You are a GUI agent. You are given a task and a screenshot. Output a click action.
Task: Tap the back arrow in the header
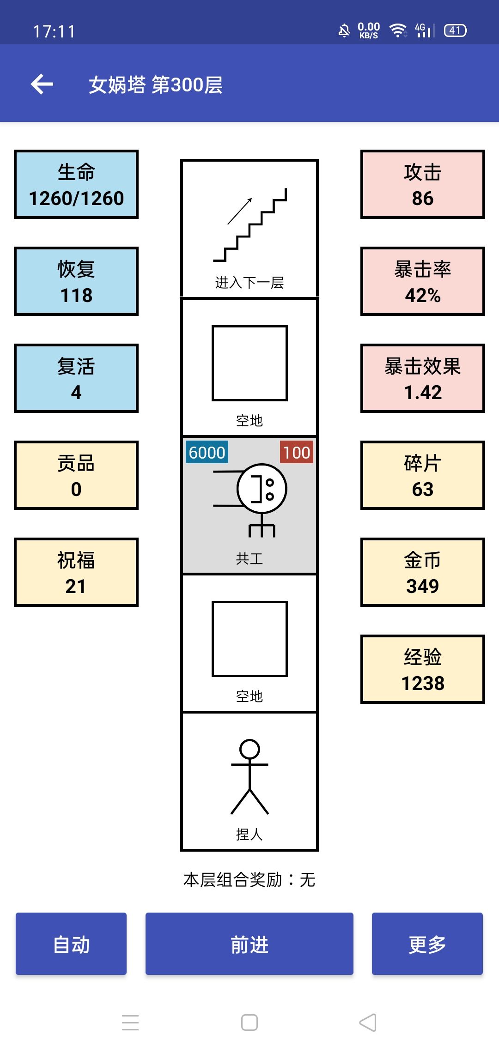42,84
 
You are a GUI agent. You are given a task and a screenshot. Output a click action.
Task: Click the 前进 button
249,944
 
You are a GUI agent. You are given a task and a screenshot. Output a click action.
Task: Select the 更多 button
427,944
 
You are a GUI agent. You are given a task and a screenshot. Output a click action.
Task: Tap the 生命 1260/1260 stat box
76,184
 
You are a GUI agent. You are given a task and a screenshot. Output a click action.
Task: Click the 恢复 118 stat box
76,281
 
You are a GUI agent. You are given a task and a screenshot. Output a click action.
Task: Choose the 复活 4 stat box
76,378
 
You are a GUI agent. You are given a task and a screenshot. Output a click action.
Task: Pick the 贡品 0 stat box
76,475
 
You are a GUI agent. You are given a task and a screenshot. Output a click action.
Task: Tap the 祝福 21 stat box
76,572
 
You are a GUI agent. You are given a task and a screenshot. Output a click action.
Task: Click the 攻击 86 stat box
422,184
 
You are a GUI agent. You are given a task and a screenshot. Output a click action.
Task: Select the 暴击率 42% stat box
422,281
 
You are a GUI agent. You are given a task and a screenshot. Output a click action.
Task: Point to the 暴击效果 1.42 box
422,378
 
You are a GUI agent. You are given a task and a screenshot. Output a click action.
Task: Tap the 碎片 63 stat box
422,475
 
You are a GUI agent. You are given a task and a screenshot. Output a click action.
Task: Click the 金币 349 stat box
422,572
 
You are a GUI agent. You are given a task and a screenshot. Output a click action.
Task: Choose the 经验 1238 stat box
422,669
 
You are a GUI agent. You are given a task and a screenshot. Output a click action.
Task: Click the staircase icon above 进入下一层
250,225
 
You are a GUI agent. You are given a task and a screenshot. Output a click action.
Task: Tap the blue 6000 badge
207,453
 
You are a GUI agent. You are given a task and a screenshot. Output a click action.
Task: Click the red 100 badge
297,453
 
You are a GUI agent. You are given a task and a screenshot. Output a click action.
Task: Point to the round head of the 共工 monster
262,489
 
